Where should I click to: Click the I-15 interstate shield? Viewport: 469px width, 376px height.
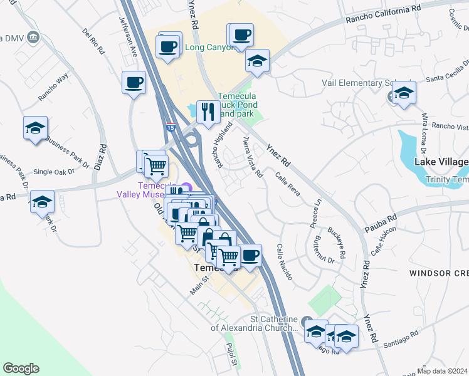coord(171,127)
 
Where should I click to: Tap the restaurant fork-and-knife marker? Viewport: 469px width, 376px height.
coord(208,112)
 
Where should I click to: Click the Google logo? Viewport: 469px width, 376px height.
coord(21,368)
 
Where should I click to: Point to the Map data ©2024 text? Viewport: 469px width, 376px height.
coord(443,370)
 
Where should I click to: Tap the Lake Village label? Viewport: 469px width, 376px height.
coord(441,162)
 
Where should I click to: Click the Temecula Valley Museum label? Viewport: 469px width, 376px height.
coord(148,190)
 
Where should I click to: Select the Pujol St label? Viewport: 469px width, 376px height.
coord(231,354)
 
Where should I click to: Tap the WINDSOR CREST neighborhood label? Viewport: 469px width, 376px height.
coord(438,273)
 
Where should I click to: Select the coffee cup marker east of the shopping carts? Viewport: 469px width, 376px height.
coord(250,254)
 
